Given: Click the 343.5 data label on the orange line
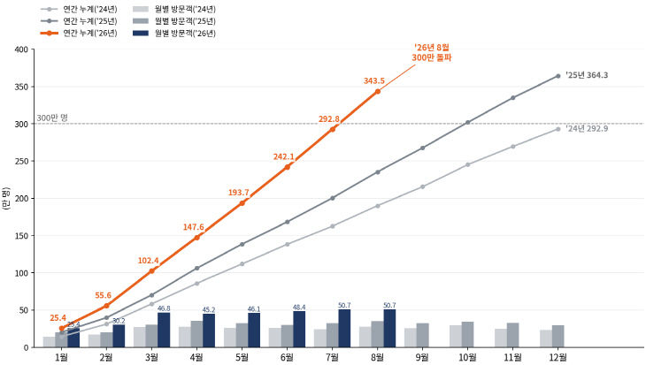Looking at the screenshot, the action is point(374,81).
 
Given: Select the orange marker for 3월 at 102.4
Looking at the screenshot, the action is point(151,270).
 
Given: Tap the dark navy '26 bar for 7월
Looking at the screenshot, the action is point(344,329).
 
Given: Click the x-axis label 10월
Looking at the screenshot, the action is point(467,357).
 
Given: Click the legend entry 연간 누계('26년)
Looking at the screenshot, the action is point(79,34).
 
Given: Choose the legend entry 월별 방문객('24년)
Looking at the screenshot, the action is point(174,9).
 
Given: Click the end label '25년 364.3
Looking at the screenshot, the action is point(587,75).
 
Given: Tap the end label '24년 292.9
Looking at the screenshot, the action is point(587,128).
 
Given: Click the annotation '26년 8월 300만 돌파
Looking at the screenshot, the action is point(432,53).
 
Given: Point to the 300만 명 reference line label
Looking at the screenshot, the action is point(52,118).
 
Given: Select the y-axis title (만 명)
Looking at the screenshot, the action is point(6,199).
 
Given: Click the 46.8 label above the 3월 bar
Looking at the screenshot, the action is point(164,308).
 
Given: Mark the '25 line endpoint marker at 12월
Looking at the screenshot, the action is point(558,76).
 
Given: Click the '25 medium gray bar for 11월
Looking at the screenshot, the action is point(513,335).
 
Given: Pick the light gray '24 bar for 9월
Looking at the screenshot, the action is point(411,338).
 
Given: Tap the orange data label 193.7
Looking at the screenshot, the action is point(239,193).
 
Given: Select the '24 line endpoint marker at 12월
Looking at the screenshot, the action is point(558,129).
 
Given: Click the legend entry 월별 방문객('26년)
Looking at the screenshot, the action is point(174,34).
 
